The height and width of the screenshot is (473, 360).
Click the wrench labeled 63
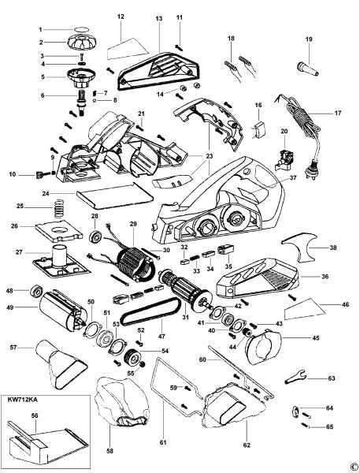tap(295, 377)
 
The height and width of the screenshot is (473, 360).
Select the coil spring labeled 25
tap(59, 208)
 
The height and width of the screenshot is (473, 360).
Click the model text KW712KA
tap(20, 400)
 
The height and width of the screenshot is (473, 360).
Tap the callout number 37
tap(293, 177)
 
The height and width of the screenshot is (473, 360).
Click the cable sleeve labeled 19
tap(308, 69)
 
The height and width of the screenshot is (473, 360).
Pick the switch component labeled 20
tap(284, 159)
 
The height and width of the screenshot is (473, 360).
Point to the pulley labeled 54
tap(134, 357)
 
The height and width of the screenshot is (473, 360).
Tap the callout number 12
tap(121, 17)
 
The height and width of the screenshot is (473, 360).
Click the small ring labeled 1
tap(81, 30)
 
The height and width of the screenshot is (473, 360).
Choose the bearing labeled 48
tap(37, 291)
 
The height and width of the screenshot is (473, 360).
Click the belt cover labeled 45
tap(263, 346)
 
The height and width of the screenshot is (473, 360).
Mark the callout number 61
tap(163, 442)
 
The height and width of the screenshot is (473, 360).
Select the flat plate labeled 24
tap(114, 196)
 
